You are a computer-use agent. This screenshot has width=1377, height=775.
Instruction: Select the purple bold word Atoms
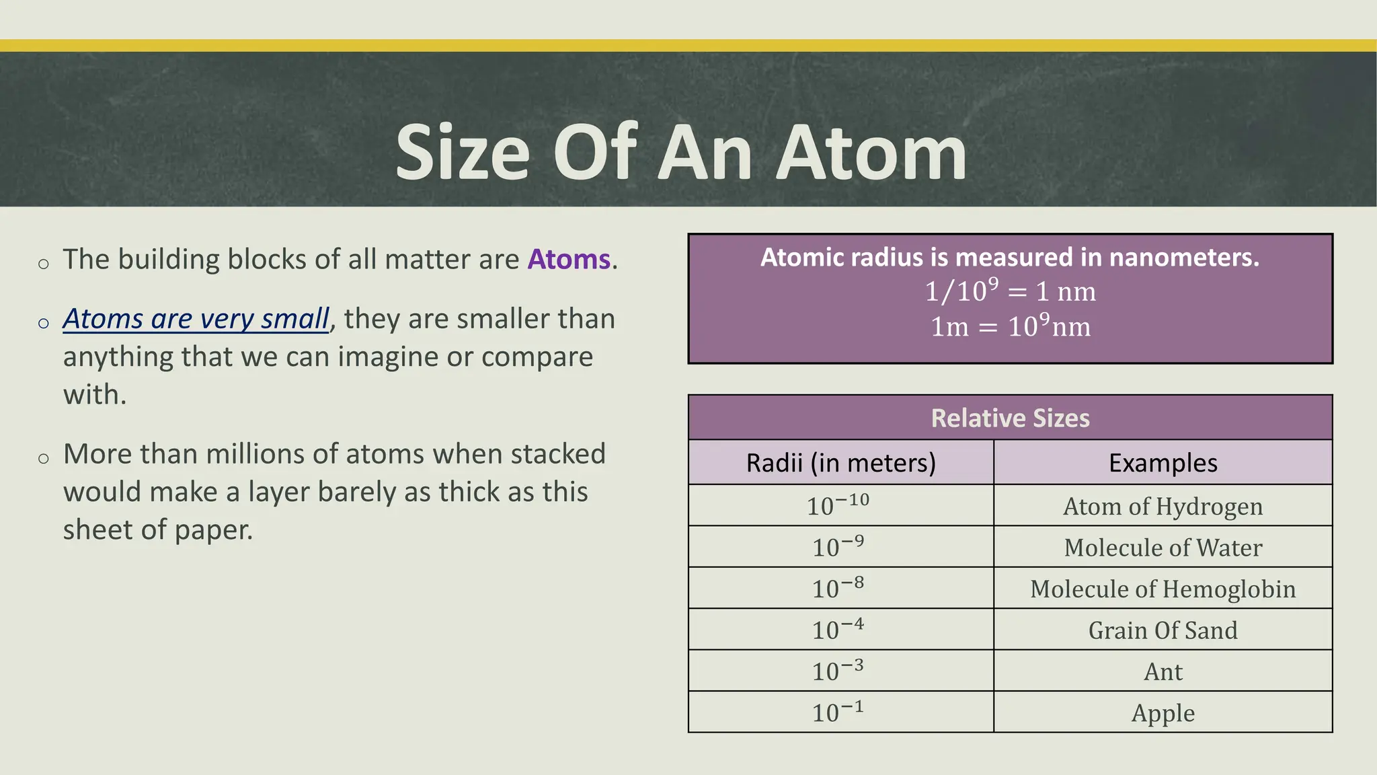click(x=569, y=260)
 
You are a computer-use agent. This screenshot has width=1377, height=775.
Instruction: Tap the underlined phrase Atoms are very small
click(x=196, y=319)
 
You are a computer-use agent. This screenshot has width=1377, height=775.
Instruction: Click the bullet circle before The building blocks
click(x=44, y=264)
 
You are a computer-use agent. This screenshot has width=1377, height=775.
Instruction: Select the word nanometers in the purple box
click(x=1183, y=258)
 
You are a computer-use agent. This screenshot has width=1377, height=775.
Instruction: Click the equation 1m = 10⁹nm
click(x=1010, y=327)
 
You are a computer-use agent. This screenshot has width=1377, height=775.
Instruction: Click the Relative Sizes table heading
click(x=1010, y=418)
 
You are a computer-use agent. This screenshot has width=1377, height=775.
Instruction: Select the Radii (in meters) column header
click(x=840, y=463)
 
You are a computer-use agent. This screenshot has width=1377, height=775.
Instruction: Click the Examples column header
click(x=1163, y=463)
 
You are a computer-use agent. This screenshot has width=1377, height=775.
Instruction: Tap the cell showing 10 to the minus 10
click(x=838, y=506)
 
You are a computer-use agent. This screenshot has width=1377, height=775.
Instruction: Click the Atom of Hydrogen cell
click(x=1163, y=507)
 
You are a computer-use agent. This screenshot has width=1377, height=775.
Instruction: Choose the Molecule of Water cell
click(x=1163, y=548)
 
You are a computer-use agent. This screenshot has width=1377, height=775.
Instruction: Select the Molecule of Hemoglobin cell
click(x=1163, y=589)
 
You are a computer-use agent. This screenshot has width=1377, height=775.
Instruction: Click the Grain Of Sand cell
click(x=1163, y=630)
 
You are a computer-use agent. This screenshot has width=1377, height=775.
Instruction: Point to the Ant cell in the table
click(x=1163, y=671)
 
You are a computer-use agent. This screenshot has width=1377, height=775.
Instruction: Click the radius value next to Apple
click(x=838, y=712)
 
